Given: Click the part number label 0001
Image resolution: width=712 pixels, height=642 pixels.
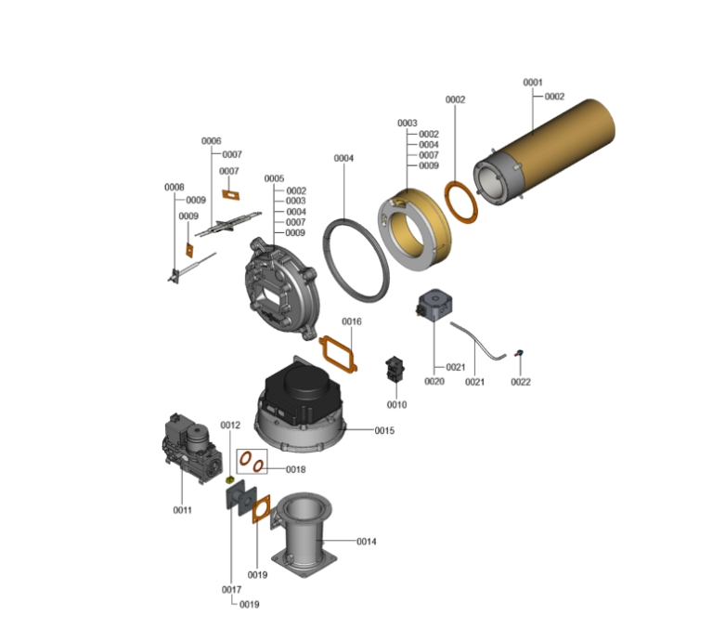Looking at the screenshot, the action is [x=533, y=83].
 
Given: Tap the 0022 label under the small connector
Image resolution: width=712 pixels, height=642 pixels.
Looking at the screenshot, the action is [x=521, y=382].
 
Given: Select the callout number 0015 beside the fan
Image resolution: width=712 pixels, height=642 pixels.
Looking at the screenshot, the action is [x=384, y=430].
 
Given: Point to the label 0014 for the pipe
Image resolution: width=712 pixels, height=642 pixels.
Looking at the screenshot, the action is [x=366, y=541].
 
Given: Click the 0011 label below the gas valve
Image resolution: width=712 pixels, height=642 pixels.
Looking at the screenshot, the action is [x=182, y=510].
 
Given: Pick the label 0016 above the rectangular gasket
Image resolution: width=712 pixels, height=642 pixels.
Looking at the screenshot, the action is [x=352, y=321].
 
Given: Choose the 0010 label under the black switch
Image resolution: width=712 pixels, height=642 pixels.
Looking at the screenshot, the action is [x=396, y=404].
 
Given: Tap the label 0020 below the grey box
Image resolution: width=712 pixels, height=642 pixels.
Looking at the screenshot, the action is [x=434, y=381].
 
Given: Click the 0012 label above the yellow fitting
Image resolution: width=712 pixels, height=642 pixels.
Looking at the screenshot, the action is [x=230, y=425].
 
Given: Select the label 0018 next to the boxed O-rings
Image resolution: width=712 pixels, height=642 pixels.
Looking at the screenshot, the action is [x=295, y=469].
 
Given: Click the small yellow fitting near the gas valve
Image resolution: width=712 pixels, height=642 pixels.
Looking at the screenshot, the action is [x=230, y=479].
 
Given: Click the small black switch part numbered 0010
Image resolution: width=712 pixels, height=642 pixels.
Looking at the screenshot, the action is [x=395, y=368].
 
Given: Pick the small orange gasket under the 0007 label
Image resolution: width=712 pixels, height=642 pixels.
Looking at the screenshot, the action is [x=230, y=195].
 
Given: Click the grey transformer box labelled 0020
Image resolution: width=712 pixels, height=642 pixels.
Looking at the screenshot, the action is [x=434, y=305].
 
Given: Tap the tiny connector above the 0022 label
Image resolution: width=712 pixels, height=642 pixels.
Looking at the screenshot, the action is [x=519, y=353].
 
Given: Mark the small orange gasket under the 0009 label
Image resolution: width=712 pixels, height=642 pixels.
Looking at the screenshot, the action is [x=188, y=250].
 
